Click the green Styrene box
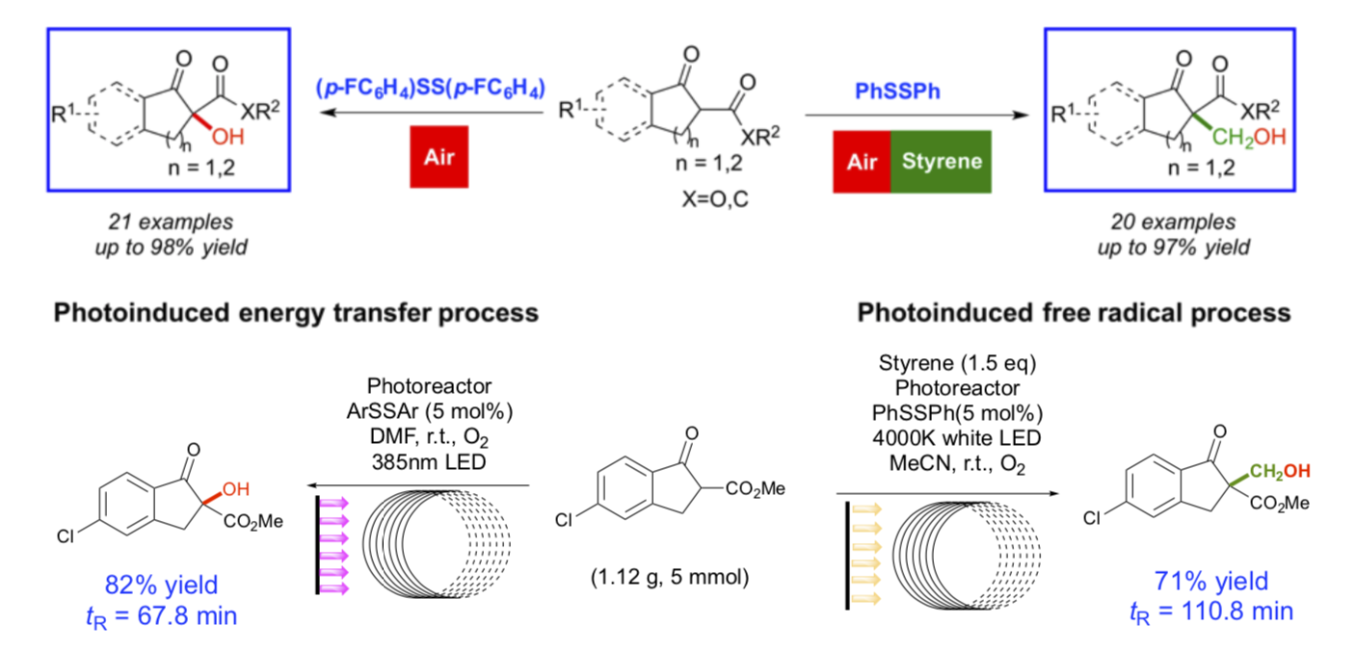[x=942, y=161]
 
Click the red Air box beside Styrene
[x=864, y=161]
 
